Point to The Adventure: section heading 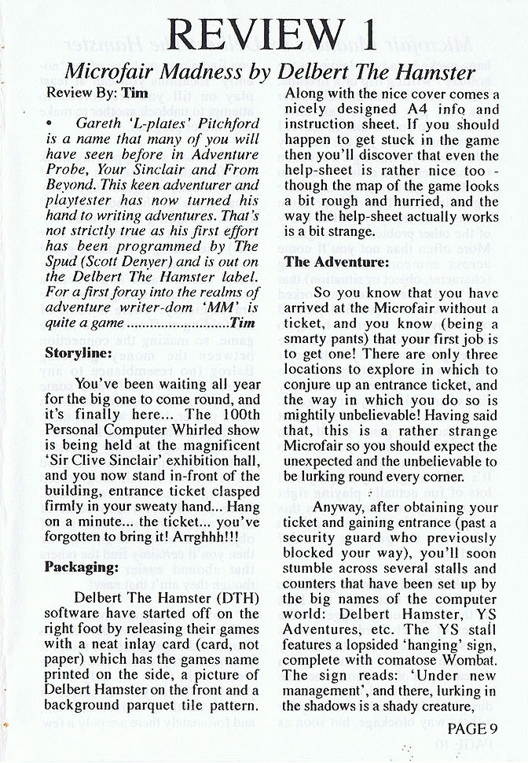point(335,261)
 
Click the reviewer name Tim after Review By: point(137,94)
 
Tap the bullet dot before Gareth point(49,124)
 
